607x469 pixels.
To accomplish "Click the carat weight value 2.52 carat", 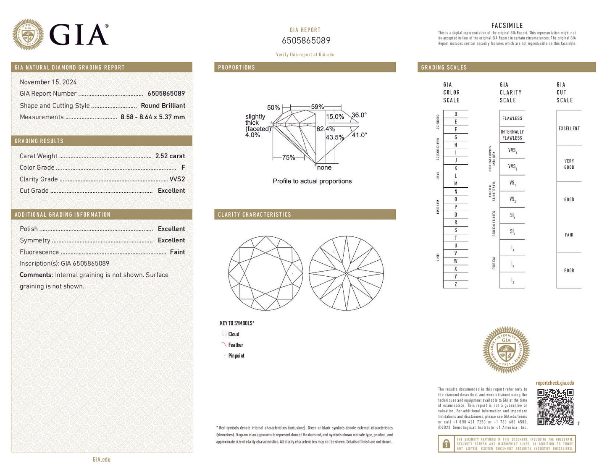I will click(x=170, y=156).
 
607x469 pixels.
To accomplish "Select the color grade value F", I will click(x=183, y=168).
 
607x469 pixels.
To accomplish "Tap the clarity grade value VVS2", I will click(x=177, y=179).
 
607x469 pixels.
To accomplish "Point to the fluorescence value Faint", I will click(x=177, y=252).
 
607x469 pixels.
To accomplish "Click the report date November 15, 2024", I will click(x=48, y=82).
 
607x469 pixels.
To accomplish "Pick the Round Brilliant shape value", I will click(x=163, y=105).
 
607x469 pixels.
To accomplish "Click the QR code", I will click(x=555, y=407).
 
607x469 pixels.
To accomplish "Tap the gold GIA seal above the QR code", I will click(x=506, y=350).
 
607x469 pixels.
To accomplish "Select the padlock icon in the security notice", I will click(x=446, y=444).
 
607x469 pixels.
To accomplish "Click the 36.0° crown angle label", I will click(x=359, y=115).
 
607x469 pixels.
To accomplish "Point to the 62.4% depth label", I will click(x=325, y=129).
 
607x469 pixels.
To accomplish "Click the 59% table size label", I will click(x=318, y=107).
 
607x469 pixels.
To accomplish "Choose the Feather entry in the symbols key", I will click(x=236, y=345).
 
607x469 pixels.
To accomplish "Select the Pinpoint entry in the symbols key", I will click(x=236, y=356).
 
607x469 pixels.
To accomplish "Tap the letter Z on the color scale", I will click(x=456, y=284).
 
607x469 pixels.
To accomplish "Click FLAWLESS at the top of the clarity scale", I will click(x=512, y=118).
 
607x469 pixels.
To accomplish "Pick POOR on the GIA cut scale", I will click(x=569, y=270).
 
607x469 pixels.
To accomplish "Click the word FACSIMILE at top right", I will click(x=507, y=26).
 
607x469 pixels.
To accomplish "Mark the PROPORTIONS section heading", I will click(x=236, y=67).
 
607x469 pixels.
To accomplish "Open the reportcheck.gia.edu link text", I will click(x=554, y=383).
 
